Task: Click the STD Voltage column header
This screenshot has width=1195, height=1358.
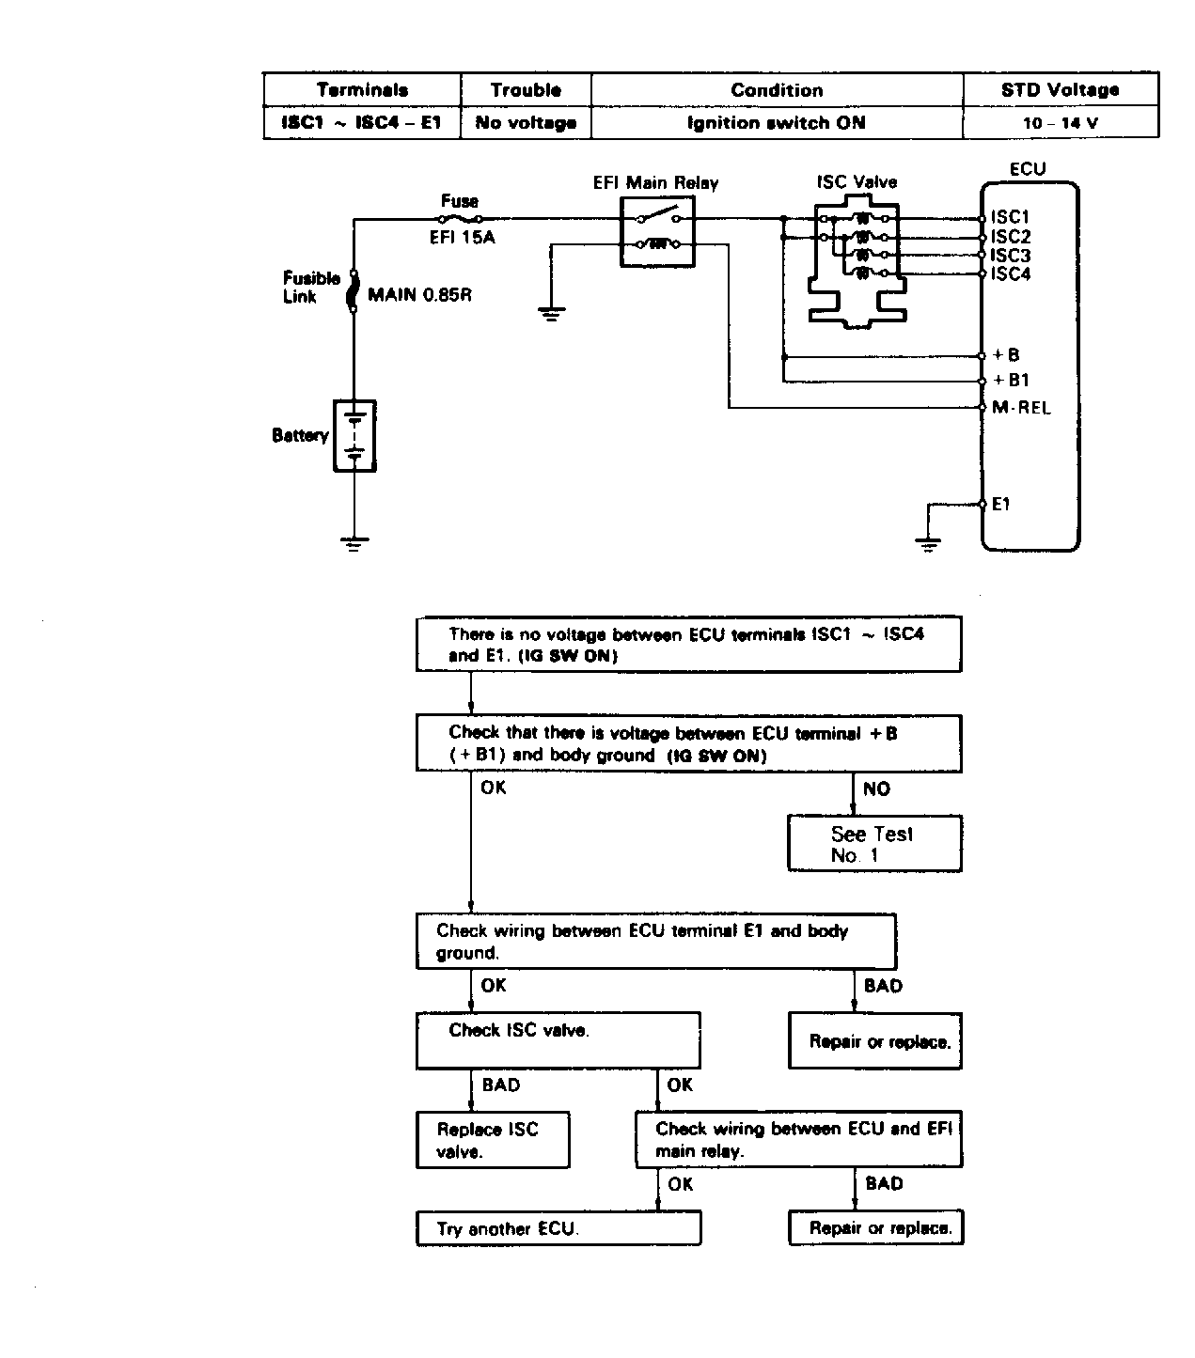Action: coord(1061,90)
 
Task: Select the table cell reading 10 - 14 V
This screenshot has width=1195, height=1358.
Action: coord(1061,123)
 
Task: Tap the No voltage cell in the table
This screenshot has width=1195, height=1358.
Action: coord(526,123)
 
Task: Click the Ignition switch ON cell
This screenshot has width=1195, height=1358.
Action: coord(777,123)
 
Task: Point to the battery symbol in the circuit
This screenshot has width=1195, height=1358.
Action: coord(354,436)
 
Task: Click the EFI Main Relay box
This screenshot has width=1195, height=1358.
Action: coord(657,232)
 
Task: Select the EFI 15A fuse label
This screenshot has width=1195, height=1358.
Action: coord(462,237)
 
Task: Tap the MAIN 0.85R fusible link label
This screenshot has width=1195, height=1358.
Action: coord(419,295)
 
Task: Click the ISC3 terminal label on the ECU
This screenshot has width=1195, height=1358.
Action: coord(1011,256)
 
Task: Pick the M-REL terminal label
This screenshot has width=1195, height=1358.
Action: coord(1021,408)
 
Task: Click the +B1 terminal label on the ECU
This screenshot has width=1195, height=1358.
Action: coord(1011,380)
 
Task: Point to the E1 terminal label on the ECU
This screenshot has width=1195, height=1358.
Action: coord(1001,504)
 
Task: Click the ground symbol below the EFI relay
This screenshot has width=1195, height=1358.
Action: coord(551,313)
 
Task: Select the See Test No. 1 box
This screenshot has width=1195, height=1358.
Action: coord(874,843)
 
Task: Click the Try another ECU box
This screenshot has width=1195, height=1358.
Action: coord(558,1228)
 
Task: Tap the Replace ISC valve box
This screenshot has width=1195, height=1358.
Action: coord(493,1140)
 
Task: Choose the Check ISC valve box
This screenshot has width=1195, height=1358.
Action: coord(558,1040)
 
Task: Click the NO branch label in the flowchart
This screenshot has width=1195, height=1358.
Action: coord(876,788)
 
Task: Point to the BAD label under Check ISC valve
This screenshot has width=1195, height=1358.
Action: coord(501,1085)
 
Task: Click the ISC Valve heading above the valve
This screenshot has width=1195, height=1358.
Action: coord(857,182)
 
